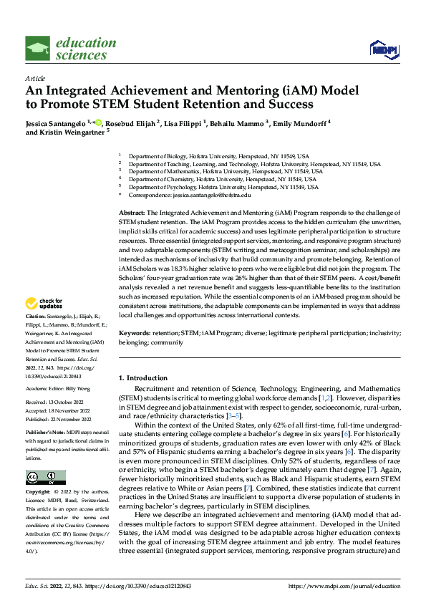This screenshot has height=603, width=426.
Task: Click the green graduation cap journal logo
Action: pyautogui.click(x=38, y=49)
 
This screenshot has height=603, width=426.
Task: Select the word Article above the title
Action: pyautogui.click(x=34, y=77)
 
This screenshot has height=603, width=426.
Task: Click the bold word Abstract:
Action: pyautogui.click(x=132, y=213)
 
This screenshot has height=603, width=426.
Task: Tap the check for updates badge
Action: pyautogui.click(x=45, y=324)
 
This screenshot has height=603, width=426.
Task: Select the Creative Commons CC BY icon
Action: pyautogui.click(x=45, y=477)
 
